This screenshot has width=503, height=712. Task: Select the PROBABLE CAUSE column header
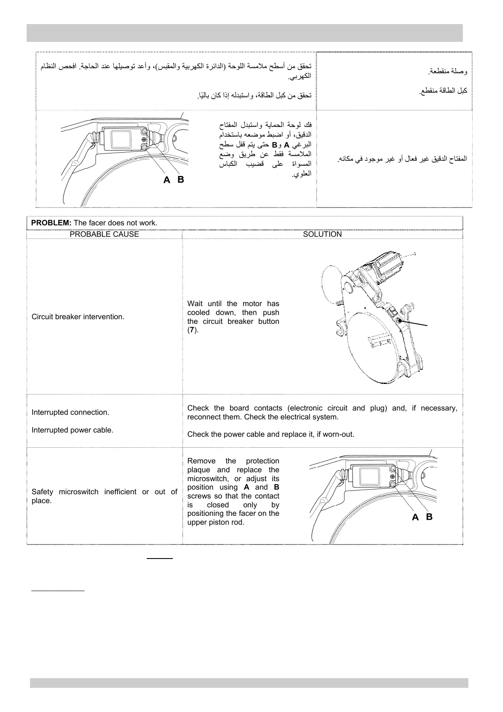pos(104,234)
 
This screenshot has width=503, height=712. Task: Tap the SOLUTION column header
pos(322,234)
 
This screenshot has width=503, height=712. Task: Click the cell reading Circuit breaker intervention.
pos(78,317)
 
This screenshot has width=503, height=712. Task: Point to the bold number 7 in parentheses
pos(192,330)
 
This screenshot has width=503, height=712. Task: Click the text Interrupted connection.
pos(70,412)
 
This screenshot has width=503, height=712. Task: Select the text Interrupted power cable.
pos(72,430)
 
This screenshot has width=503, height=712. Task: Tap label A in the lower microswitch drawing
pos(415,518)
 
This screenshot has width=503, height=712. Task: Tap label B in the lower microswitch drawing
pos(429,517)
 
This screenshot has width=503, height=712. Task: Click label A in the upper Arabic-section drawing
pos(167,181)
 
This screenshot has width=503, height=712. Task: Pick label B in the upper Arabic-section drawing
pos(181,180)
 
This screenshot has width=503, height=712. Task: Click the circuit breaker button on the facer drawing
pos(399,321)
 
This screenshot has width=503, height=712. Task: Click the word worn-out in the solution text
pos(339,434)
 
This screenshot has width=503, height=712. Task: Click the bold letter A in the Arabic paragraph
pos(287,145)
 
